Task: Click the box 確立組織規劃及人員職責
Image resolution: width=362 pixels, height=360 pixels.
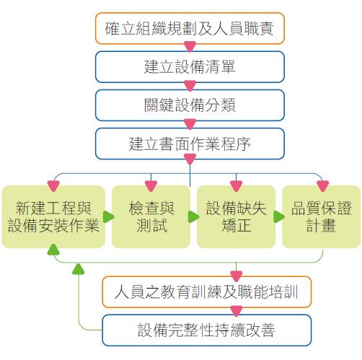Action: (190, 28)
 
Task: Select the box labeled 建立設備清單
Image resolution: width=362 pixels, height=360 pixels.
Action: (190, 67)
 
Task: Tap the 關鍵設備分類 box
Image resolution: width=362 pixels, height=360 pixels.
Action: (190, 105)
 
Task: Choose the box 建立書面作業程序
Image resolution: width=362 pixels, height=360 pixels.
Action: (190, 144)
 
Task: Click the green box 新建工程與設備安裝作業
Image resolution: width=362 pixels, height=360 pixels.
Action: (53, 216)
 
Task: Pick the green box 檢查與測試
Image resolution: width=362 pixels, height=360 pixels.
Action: (151, 216)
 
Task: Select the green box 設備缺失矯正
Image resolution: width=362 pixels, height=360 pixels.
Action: (236, 216)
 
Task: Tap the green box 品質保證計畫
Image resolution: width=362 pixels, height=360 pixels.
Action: (321, 216)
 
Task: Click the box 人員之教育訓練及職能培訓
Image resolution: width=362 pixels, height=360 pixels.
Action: (207, 292)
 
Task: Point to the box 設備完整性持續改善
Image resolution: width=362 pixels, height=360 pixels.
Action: (207, 330)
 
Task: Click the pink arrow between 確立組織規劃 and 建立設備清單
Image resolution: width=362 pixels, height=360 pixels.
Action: (190, 47)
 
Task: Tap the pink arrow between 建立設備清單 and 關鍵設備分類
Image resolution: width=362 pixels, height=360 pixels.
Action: (190, 86)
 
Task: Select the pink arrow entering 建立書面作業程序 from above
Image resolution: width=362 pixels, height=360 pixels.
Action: (190, 124)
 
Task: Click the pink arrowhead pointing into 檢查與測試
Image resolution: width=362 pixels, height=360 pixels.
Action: (151, 186)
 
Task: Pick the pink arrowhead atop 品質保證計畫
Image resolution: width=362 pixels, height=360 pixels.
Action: (322, 186)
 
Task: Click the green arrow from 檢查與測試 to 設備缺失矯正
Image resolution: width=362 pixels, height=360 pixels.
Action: (193, 217)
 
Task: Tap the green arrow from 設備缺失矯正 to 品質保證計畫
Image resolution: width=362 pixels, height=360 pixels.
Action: (279, 217)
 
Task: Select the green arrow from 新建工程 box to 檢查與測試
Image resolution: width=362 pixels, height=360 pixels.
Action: (108, 217)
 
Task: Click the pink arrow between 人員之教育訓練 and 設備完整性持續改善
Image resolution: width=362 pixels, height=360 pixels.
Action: (236, 311)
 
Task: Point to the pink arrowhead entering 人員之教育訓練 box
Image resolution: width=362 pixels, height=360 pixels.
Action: (236, 276)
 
